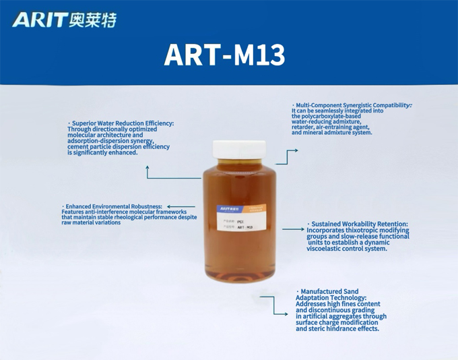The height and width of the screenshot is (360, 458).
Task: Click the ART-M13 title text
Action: (x=225, y=55)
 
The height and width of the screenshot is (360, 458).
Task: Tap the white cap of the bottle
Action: (x=239, y=149)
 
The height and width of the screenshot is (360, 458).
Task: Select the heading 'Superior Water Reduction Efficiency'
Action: (x=122, y=123)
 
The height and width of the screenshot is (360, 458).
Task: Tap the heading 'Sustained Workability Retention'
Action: (x=359, y=224)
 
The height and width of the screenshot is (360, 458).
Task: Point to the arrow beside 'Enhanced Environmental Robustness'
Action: (x=181, y=207)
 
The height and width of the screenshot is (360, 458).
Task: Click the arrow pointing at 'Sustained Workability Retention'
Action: (x=292, y=230)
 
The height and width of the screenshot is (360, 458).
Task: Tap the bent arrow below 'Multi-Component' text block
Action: (x=287, y=156)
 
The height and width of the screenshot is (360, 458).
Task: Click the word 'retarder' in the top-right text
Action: (x=306, y=127)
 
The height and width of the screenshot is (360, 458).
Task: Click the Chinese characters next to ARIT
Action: (x=92, y=20)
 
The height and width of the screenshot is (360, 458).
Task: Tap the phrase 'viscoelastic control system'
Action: (x=346, y=249)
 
